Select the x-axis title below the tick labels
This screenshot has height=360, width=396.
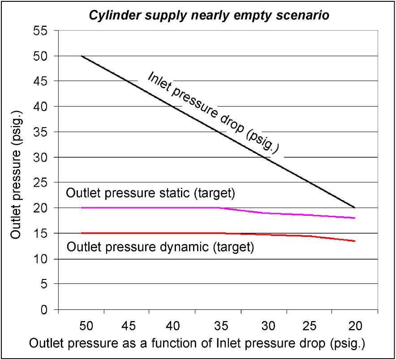click(x=198, y=344)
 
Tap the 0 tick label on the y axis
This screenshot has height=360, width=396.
click(x=44, y=309)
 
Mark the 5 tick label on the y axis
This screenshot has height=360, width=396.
click(x=44, y=284)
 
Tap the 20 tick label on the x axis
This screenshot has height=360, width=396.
click(x=355, y=326)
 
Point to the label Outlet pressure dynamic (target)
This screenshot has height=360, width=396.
click(x=160, y=246)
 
